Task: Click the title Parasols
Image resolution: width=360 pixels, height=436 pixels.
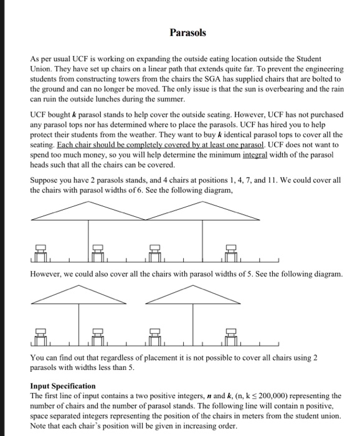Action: tap(180, 31)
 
